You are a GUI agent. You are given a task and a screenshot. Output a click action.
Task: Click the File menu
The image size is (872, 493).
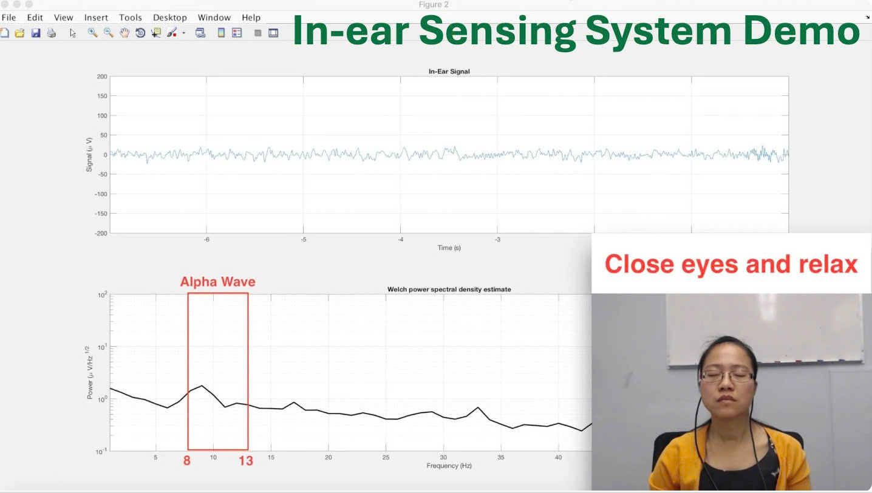(9, 18)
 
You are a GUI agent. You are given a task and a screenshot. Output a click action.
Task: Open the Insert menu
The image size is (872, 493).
(96, 18)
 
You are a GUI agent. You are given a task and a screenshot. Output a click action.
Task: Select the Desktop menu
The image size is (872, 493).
(170, 18)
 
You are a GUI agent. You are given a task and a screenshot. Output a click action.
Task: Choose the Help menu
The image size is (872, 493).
(251, 18)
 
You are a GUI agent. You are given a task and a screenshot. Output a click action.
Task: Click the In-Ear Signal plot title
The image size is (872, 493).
(449, 72)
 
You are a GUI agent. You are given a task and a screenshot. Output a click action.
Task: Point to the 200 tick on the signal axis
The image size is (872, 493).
(101, 76)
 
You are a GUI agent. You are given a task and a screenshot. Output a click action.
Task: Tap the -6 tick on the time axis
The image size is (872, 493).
(206, 240)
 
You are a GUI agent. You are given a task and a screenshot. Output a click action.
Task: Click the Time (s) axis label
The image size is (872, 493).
(449, 248)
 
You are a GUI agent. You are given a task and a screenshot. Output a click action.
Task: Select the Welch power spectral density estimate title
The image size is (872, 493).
(449, 290)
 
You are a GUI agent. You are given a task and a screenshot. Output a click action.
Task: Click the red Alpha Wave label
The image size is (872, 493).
(217, 282)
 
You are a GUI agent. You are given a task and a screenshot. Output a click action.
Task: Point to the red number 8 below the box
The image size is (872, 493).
(187, 461)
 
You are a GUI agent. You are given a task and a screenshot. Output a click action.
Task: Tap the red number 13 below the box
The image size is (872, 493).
(245, 461)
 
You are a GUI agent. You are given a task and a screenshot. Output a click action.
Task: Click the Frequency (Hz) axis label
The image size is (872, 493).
(449, 466)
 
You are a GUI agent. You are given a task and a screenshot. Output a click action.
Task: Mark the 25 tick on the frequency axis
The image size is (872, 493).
(386, 457)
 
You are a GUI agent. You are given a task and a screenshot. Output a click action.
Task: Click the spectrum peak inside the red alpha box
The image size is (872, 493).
(202, 386)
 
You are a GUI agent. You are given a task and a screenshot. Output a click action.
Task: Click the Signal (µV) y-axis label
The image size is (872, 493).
(89, 154)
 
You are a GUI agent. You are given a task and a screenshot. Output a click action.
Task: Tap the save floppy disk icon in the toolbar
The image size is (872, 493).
(35, 33)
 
